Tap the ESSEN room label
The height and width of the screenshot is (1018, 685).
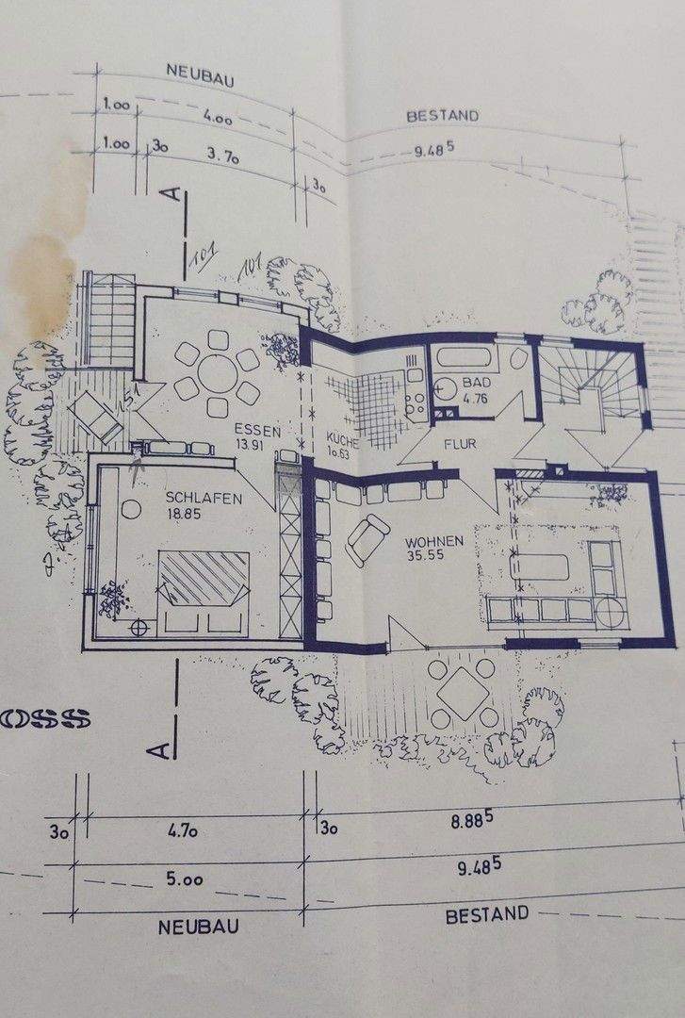tap(258, 430)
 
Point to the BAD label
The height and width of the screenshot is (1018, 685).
tap(473, 384)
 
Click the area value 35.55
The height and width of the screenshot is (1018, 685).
tap(434, 559)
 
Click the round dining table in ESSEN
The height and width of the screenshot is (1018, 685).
tap(218, 373)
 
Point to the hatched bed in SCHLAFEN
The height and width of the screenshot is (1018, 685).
tap(203, 577)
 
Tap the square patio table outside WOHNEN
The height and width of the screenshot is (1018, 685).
tap(464, 693)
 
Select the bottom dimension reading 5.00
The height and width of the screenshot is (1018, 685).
tap(185, 879)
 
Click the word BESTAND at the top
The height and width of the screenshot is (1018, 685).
tap(443, 116)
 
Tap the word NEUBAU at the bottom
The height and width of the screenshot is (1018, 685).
tap(198, 928)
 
